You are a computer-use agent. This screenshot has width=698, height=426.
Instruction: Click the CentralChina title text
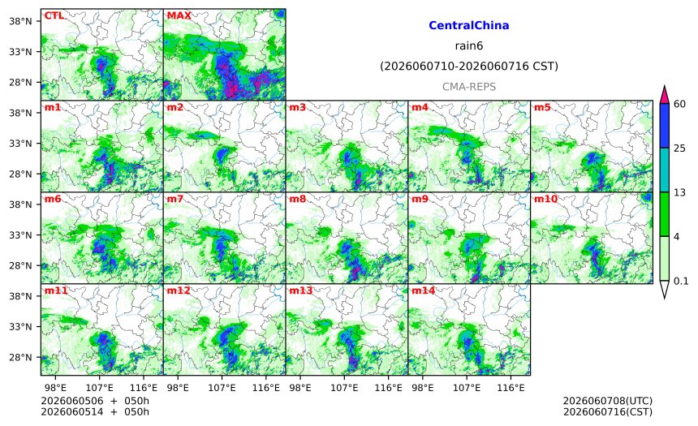pos(469,25)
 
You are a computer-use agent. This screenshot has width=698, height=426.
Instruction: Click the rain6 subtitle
pos(469,46)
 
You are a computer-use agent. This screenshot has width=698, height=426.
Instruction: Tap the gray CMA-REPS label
pos(469,87)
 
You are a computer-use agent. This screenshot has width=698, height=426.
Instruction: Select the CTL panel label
pos(54,15)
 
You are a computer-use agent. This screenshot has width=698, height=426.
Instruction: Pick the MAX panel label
pos(179,15)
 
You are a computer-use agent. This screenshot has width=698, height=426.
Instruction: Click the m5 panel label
pos(542,107)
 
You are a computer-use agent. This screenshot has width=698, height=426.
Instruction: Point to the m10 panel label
pos(545,199)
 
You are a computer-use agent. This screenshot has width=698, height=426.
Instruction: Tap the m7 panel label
pos(175,199)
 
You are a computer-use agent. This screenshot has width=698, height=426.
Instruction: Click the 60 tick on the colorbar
pos(680,104)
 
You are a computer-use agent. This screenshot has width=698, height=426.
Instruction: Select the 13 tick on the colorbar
pos(680,193)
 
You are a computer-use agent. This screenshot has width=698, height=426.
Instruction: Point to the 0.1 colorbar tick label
pos(681,282)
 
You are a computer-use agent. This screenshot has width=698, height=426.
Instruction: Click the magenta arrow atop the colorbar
pos(665,94)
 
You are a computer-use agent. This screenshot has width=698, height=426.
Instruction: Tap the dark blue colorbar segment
pos(665,126)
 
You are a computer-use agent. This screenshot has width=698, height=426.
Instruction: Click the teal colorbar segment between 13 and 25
pos(665,170)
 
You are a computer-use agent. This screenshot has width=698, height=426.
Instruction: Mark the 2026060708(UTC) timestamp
pos(608,401)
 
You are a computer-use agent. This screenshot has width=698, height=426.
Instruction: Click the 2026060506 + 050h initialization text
pos(95,401)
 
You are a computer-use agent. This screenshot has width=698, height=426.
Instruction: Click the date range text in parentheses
pos(469,67)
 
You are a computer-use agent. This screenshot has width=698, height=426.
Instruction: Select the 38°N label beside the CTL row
pos(20,21)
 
